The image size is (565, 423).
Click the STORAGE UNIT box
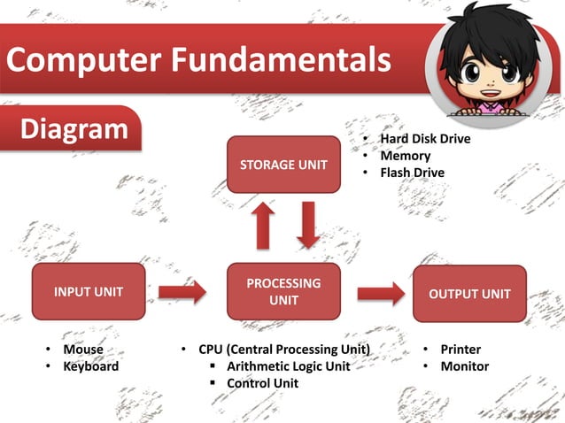click(283, 165)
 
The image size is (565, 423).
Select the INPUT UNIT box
click(89, 291)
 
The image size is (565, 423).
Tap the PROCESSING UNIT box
click(283, 291)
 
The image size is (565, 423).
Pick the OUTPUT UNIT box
click(469, 293)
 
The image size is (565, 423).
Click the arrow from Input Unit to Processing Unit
click(182, 292)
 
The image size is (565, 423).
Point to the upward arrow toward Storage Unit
click(264, 226)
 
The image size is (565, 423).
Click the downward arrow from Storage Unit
click(308, 225)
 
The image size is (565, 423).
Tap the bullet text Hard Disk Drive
click(425, 139)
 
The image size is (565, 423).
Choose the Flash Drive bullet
click(412, 173)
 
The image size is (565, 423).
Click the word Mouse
click(83, 350)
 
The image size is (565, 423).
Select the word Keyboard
click(90, 366)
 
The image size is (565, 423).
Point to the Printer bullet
click(461, 350)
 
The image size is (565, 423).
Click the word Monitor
click(464, 366)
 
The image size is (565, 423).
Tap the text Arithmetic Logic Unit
click(288, 366)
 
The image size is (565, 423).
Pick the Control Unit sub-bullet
click(262, 383)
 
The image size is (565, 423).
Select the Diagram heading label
click(74, 129)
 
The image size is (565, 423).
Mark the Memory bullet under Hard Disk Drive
click(406, 156)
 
